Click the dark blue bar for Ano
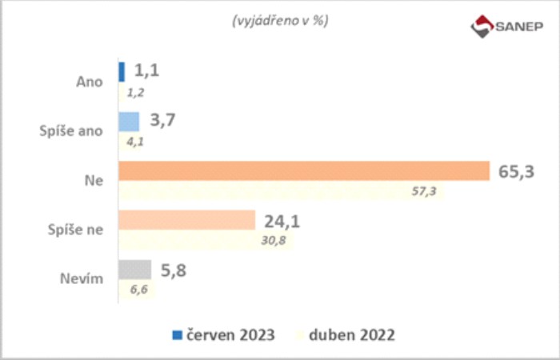pos(122,71)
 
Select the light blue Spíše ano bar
pos(129,121)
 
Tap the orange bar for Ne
pos(303,171)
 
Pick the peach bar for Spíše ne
pos(186,220)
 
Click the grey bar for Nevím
pos(134,270)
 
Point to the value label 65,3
pos(517,170)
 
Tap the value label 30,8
pos(275,242)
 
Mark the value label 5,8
pos(174,270)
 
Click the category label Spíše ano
pos(71,130)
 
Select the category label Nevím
pos(83,279)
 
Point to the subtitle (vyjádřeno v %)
pos(280,21)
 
